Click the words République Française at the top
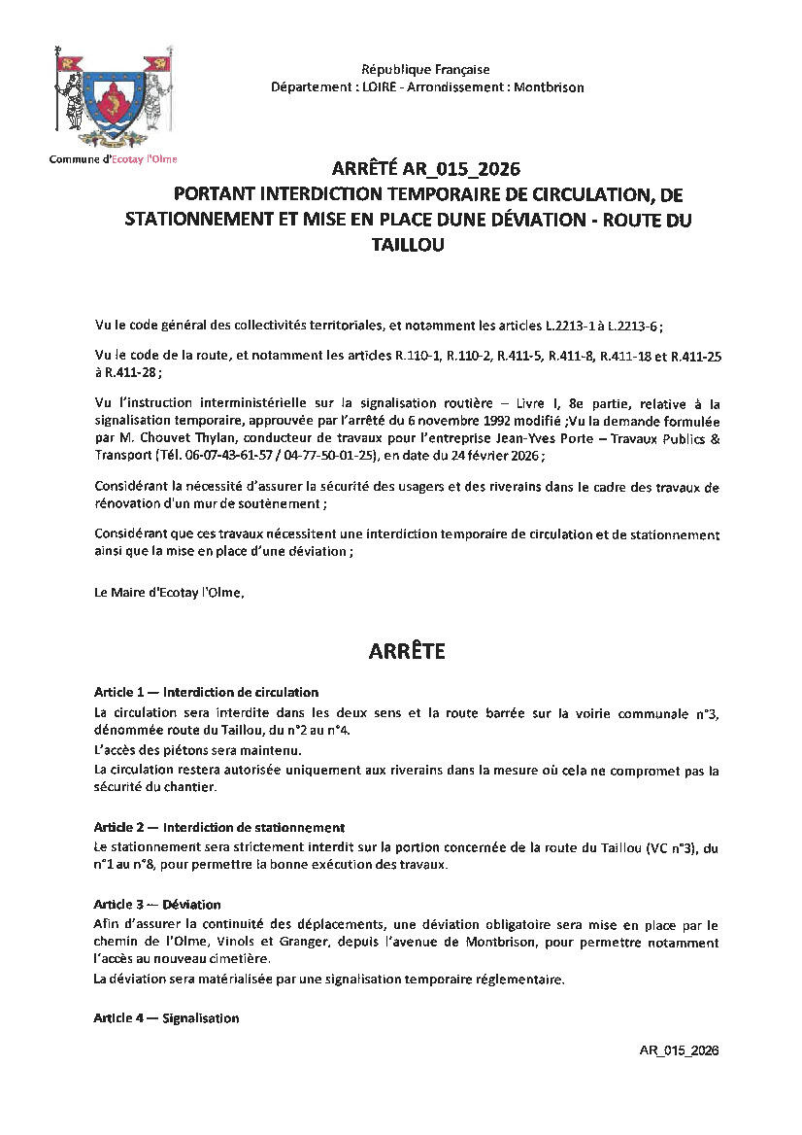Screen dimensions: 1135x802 [425, 70]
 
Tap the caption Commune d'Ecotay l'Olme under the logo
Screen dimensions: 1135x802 [114, 159]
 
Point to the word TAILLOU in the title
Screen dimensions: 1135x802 [408, 246]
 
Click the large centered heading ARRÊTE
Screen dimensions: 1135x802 [407, 652]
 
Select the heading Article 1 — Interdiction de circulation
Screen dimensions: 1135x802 [206, 693]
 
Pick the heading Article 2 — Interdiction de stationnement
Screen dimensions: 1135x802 [219, 828]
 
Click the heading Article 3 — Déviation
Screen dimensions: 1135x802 [157, 905]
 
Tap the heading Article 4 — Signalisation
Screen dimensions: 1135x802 [166, 1018]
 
